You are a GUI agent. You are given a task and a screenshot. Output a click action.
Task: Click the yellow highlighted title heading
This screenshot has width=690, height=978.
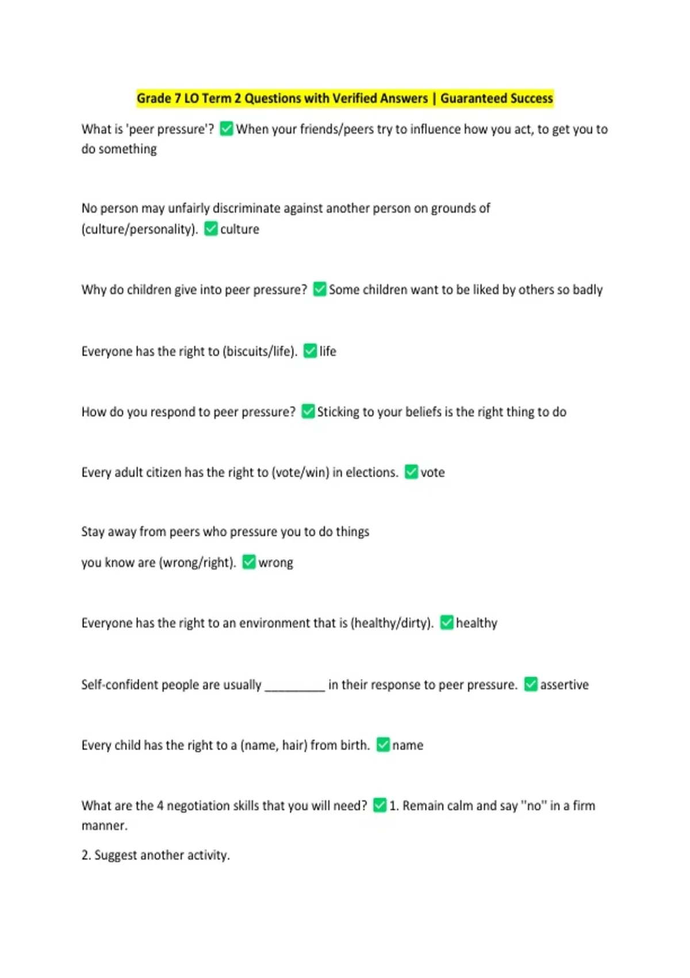tap(344, 98)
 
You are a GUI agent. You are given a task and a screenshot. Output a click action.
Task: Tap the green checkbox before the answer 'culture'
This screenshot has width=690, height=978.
tap(211, 229)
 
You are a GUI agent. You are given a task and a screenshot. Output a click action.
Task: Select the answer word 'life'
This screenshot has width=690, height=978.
tap(328, 351)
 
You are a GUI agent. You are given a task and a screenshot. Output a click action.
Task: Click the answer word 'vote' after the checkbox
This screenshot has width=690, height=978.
tap(432, 472)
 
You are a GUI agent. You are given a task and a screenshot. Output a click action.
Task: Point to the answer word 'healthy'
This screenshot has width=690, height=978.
tap(476, 623)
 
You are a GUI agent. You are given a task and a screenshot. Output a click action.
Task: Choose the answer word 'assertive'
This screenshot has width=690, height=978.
tap(564, 685)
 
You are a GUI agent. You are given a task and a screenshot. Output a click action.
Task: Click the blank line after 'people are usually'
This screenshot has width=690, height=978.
tap(294, 686)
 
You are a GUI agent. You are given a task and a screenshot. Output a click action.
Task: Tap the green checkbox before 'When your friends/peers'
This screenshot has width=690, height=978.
tap(227, 129)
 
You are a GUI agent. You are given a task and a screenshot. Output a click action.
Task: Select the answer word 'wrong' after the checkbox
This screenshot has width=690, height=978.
tap(275, 563)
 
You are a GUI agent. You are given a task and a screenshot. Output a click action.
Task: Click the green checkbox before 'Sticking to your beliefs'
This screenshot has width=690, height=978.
tap(308, 412)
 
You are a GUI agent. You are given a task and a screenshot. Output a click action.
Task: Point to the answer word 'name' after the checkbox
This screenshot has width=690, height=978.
tap(408, 745)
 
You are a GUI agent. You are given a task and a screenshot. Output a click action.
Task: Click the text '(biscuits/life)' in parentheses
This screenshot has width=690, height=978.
tap(259, 351)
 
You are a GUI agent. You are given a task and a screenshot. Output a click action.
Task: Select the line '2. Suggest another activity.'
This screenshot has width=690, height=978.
tap(155, 855)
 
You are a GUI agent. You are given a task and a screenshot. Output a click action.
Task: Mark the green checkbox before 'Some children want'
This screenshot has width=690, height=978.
tap(320, 289)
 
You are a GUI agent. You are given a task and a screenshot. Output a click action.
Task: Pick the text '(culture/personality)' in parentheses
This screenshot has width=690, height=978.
tap(139, 229)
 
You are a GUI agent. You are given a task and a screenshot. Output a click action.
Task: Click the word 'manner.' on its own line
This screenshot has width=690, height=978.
tap(105, 826)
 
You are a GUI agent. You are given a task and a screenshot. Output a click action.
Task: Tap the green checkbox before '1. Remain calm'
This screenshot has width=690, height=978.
tap(379, 805)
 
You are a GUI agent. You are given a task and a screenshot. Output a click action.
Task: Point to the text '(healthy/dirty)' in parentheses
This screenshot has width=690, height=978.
tap(392, 623)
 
